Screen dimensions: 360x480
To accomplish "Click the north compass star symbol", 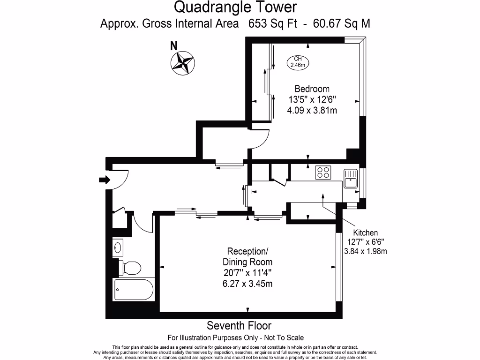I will click(x=183, y=63).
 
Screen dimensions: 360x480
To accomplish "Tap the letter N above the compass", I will click(x=174, y=46).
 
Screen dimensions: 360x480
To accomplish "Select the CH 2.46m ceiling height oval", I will click(x=298, y=62).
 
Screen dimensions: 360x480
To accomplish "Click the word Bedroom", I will click(x=312, y=89).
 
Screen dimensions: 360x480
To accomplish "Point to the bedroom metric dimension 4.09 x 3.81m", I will click(x=312, y=111).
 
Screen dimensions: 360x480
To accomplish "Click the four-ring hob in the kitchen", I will click(x=323, y=172).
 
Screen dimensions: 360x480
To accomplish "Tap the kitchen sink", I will click(x=350, y=179).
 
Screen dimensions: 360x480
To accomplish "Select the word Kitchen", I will click(x=365, y=232).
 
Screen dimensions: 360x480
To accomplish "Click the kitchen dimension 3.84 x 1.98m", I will click(x=365, y=251).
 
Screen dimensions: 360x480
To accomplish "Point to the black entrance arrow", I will click(x=104, y=180).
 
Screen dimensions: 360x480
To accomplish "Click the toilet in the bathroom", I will click(x=130, y=268).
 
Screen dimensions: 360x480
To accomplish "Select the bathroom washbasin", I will click(x=118, y=247).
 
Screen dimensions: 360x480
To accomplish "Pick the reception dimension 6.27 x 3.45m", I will click(x=247, y=283).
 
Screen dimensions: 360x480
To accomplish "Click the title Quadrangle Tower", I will click(x=235, y=7).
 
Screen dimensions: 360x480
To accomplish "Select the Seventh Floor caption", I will click(x=239, y=325).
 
